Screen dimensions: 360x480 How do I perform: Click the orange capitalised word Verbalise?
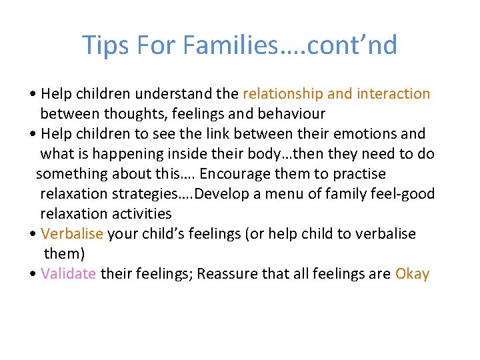pos(72,234)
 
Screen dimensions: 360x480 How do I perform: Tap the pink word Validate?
pos(69,274)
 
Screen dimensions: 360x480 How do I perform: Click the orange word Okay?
pos(412,274)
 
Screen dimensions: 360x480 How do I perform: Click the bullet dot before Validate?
pos(33,275)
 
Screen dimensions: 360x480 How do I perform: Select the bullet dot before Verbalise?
pos(33,235)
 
